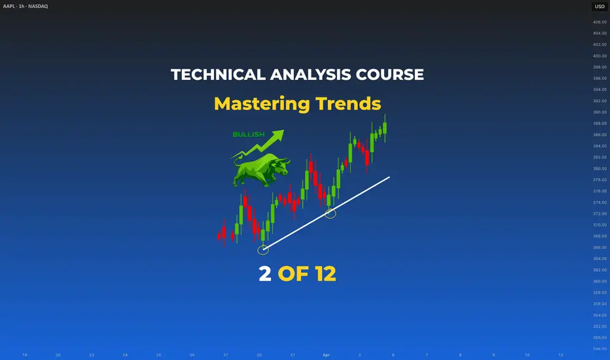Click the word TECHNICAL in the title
(218, 75)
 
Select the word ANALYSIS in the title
(310, 75)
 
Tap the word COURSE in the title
(390, 75)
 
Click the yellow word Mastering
(262, 104)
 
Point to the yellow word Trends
(348, 103)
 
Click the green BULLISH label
(249, 134)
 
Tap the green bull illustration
(261, 170)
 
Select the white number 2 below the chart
(265, 274)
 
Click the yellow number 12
(326, 274)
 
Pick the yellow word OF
(293, 274)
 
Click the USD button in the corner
(600, 7)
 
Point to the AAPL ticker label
(9, 7)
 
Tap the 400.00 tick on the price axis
(600, 56)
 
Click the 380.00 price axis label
(600, 168)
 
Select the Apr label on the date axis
(326, 355)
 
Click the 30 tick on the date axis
(259, 355)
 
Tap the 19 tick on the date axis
(24, 355)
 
